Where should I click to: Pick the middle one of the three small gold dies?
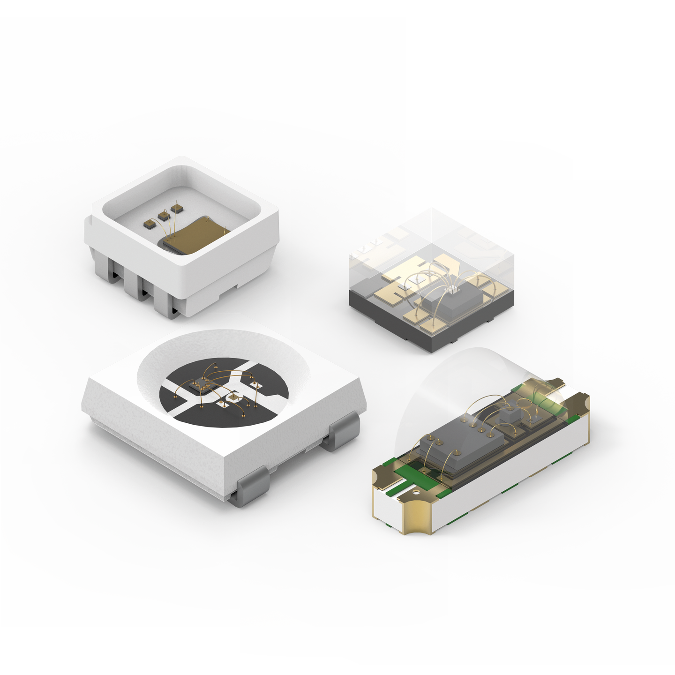pyautogui.click(x=164, y=215)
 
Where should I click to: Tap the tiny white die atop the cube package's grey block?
pyautogui.click(x=453, y=289)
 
